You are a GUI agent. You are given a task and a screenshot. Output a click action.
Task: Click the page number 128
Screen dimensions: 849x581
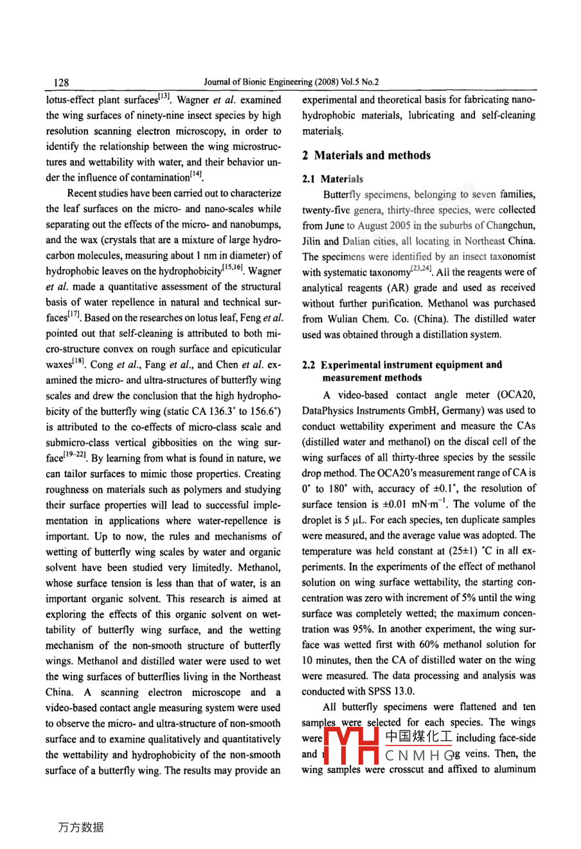pyautogui.click(x=62, y=82)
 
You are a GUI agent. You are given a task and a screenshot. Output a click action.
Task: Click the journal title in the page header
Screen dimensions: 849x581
pyautogui.click(x=290, y=82)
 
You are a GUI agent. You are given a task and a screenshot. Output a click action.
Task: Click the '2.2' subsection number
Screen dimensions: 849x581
pyautogui.click(x=309, y=365)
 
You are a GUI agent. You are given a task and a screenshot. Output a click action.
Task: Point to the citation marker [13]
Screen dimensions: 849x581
pyautogui.click(x=163, y=97)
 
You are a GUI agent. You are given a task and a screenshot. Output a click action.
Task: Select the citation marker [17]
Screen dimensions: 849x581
pyautogui.click(x=75, y=315)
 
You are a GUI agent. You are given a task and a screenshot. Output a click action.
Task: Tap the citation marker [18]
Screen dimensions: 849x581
pyautogui.click(x=78, y=362)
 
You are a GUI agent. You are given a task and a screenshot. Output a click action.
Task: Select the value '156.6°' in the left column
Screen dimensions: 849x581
pyautogui.click(x=265, y=412)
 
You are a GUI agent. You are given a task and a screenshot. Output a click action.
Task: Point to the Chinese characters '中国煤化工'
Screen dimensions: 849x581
pyautogui.click(x=418, y=737)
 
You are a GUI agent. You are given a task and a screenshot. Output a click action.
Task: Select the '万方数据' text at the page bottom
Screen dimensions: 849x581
pyautogui.click(x=80, y=827)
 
